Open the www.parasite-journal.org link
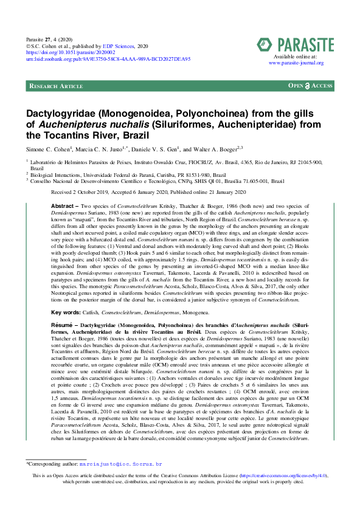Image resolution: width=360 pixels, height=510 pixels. click(296, 62)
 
